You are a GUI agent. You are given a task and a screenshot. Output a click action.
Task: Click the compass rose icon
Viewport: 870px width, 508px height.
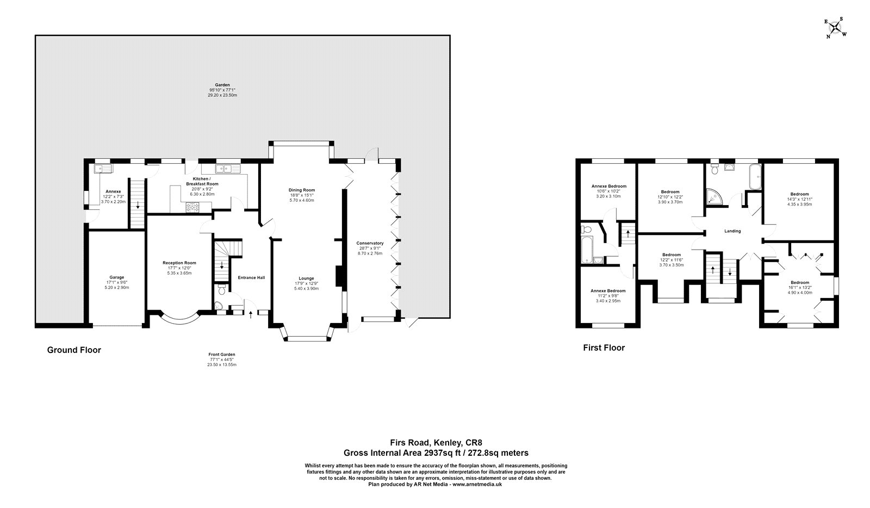click(x=836, y=28)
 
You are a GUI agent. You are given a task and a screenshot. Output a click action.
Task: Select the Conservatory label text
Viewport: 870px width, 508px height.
click(x=370, y=243)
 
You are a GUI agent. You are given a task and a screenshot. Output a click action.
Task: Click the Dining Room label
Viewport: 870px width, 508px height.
click(x=302, y=190)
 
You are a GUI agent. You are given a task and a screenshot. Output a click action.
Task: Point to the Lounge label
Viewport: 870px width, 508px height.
click(x=306, y=278)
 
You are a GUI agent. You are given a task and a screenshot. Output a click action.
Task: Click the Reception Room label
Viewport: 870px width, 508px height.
click(x=179, y=263)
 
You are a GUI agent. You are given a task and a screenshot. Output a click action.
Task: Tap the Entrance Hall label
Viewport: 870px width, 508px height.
click(x=251, y=278)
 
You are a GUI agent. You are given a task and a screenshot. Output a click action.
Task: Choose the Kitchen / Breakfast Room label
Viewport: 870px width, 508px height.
click(x=202, y=181)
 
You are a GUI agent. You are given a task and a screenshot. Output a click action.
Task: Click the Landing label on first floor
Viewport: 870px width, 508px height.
click(x=732, y=231)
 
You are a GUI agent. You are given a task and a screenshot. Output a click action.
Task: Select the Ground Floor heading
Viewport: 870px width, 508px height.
click(x=74, y=350)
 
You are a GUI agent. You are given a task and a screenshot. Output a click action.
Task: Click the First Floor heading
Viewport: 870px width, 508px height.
click(x=604, y=348)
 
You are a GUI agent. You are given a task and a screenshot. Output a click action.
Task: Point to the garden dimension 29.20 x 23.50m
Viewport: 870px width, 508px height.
click(x=222, y=95)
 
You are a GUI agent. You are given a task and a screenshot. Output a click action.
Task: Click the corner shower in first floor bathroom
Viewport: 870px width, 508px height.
click(x=714, y=197)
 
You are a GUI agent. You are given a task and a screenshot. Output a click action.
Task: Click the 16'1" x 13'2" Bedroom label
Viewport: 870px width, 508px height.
click(x=800, y=283)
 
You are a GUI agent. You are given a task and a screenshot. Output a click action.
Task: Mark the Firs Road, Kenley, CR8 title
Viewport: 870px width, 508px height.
click(x=436, y=443)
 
